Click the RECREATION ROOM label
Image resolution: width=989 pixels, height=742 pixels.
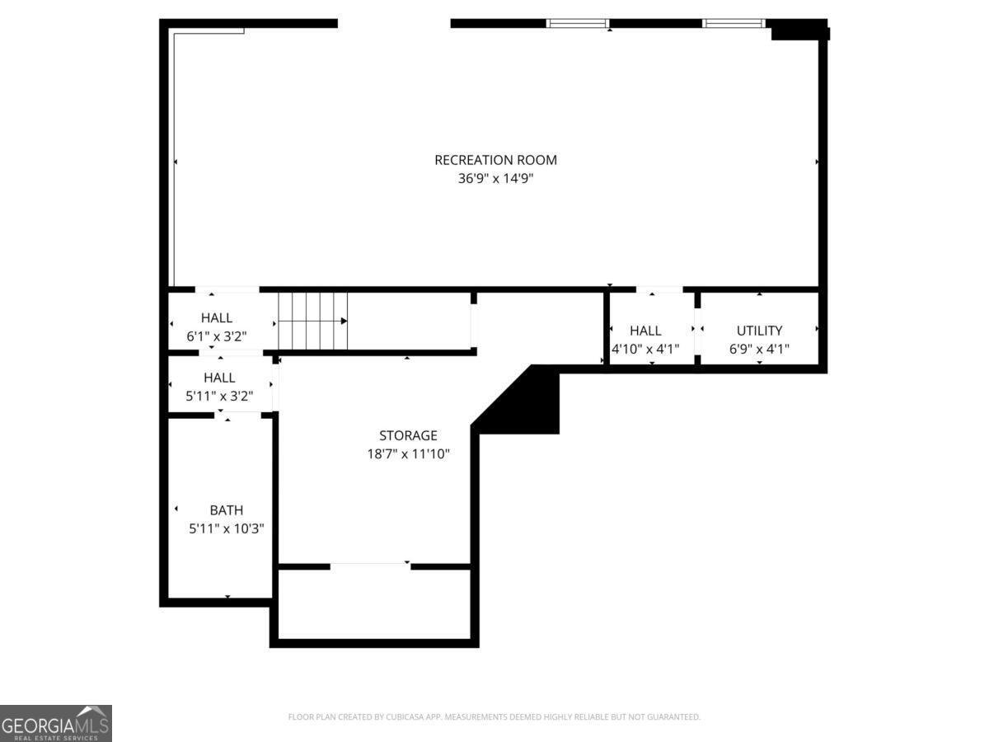495,160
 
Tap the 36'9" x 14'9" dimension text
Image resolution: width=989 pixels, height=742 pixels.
495,178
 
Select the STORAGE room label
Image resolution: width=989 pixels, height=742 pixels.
408,435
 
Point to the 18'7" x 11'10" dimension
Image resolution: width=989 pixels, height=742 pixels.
408,453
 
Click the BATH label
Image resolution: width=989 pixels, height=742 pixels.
226,510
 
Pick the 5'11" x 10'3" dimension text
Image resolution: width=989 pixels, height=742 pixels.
226,528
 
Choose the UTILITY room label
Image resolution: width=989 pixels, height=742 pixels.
759,331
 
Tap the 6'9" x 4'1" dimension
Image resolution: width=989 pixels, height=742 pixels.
759,349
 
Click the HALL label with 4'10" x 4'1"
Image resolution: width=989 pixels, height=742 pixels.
645,331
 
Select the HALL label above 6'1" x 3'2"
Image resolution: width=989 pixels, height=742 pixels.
217,317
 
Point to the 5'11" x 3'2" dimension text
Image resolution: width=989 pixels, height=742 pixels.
219,396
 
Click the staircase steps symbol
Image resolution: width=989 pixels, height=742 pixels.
312,321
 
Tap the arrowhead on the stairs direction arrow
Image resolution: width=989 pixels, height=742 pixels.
344,321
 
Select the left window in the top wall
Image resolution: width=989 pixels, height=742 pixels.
577,23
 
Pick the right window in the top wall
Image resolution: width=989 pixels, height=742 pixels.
733,23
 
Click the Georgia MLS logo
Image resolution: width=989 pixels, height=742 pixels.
56,724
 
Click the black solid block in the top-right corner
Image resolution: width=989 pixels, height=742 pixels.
799,30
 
